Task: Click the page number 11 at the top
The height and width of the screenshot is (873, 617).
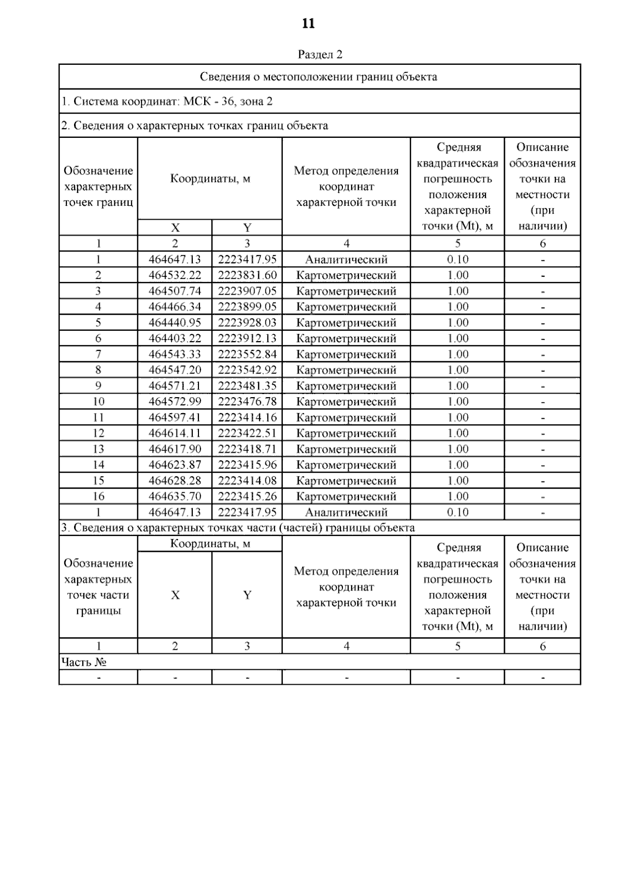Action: (x=308, y=24)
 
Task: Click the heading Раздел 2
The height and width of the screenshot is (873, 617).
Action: (x=320, y=55)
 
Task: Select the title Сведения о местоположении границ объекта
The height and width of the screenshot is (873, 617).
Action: (x=318, y=77)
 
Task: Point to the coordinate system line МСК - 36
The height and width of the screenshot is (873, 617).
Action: (x=167, y=101)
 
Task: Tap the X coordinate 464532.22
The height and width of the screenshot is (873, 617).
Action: (x=175, y=275)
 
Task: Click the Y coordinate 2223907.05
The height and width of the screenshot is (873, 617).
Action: (x=247, y=291)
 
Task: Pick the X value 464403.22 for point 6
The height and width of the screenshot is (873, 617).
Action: (x=175, y=338)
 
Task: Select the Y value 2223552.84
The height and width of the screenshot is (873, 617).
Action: (x=247, y=354)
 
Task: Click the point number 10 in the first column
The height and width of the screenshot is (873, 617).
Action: (x=98, y=402)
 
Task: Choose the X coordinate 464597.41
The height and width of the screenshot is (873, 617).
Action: (x=175, y=418)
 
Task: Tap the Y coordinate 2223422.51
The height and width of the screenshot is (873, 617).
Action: (x=247, y=433)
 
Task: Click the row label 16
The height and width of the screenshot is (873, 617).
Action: (x=98, y=496)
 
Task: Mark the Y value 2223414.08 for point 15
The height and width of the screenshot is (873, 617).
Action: (x=247, y=480)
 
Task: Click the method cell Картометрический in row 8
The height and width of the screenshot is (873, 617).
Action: (x=346, y=370)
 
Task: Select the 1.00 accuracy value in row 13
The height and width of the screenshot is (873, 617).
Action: (x=458, y=449)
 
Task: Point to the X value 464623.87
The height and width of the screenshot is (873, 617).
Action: (x=175, y=465)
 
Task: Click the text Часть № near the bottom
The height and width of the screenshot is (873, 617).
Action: (x=84, y=662)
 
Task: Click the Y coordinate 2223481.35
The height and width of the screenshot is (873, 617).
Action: (x=247, y=386)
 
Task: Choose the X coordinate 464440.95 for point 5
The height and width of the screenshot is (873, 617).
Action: (x=175, y=323)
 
